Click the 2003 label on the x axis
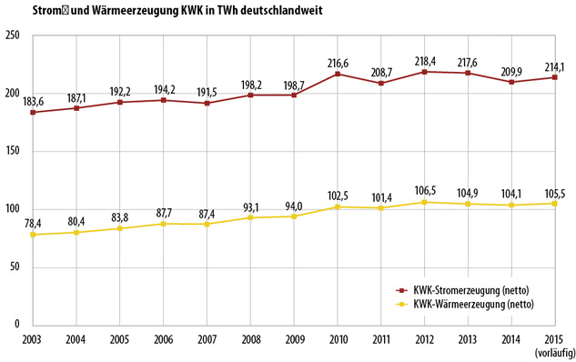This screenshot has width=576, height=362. [32, 338]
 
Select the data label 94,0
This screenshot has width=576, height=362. [293, 204]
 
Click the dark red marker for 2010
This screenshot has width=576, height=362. [337, 74]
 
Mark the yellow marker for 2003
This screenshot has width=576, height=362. [33, 235]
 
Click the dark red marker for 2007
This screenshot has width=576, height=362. [207, 103]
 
